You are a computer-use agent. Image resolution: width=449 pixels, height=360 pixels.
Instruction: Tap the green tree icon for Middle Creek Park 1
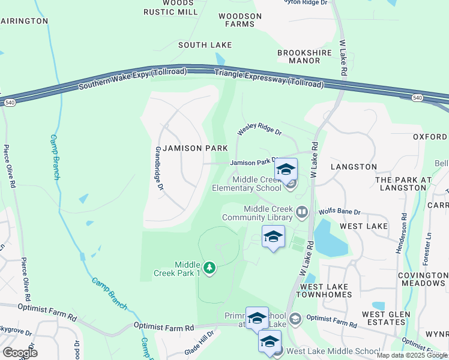[209, 267]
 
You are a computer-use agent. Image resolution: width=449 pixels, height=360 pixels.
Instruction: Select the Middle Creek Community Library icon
[302, 212]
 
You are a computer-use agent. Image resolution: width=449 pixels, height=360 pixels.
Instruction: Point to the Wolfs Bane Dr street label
[340, 212]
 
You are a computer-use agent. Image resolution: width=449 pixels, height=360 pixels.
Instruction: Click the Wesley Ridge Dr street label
[259, 128]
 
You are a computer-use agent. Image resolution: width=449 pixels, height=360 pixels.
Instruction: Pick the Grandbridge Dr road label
[160, 169]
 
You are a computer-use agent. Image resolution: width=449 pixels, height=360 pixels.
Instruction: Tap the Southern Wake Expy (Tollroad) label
[133, 80]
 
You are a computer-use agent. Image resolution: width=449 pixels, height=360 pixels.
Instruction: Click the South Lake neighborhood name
[205, 45]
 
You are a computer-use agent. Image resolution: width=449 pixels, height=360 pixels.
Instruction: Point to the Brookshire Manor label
[300, 57]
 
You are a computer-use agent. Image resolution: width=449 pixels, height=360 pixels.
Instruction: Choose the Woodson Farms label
[240, 20]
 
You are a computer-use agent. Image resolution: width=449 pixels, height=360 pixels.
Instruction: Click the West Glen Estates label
[386, 318]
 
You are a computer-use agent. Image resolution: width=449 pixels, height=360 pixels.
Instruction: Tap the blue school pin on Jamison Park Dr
[286, 168]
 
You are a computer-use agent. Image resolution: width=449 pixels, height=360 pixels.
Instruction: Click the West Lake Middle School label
[333, 351]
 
